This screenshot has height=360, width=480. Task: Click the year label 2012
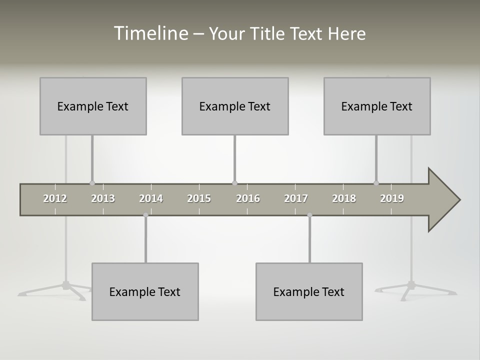click(55, 198)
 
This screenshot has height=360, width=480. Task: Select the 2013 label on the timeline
click(103, 198)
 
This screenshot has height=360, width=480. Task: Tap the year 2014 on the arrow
click(151, 198)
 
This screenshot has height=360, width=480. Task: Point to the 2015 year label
click(199, 198)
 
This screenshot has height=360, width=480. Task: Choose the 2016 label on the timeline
click(248, 198)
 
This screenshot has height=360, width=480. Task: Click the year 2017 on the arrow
click(296, 198)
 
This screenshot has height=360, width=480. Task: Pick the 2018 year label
click(344, 198)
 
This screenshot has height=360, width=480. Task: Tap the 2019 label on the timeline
click(392, 198)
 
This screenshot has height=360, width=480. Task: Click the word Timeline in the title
click(150, 33)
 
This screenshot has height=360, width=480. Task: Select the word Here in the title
click(346, 33)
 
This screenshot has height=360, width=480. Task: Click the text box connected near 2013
click(93, 106)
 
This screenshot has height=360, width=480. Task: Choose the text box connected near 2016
click(235, 106)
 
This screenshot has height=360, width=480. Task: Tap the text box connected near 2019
click(377, 106)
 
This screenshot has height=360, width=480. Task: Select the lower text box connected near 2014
click(145, 291)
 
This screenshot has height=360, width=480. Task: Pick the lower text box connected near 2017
click(309, 291)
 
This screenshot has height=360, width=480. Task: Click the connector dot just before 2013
click(92, 183)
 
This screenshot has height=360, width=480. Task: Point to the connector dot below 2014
click(145, 215)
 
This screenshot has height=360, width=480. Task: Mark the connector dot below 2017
click(309, 215)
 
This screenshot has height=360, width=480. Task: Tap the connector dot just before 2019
click(376, 183)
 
